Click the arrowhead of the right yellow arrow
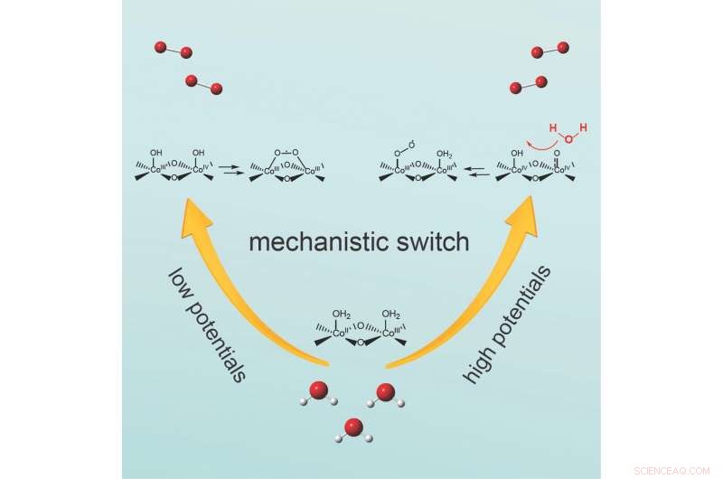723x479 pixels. coord(522,212)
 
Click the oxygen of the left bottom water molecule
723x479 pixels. coord(319,390)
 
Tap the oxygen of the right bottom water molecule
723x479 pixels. coord(386,392)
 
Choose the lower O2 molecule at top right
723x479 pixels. coord(528,85)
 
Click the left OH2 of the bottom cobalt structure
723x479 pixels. coord(341,315)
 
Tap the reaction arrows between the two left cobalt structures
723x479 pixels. coord(231,169)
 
